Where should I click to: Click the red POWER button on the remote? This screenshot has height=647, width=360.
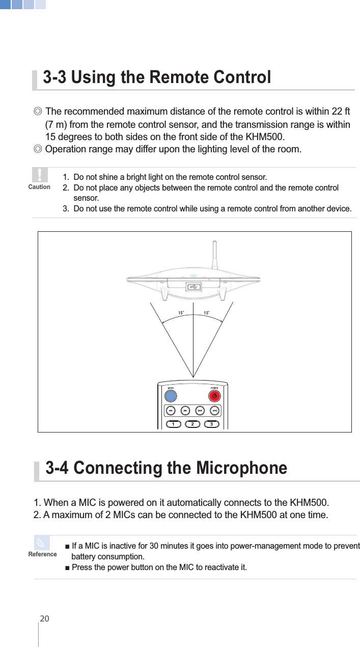click(214, 395)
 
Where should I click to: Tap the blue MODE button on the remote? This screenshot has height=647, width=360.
click(171, 395)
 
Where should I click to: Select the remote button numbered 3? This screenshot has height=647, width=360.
click(211, 424)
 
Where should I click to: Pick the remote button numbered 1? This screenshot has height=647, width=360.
click(173, 424)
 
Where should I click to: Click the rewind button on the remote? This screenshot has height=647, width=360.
click(171, 411)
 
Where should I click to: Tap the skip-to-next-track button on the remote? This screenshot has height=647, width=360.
click(215, 411)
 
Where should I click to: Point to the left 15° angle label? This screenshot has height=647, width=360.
click(181, 312)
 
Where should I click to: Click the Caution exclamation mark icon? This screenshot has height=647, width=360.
click(39, 175)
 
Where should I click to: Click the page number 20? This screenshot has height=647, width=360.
click(44, 618)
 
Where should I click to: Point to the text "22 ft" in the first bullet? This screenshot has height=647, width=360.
click(339, 112)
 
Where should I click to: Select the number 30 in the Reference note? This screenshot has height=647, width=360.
click(157, 547)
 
